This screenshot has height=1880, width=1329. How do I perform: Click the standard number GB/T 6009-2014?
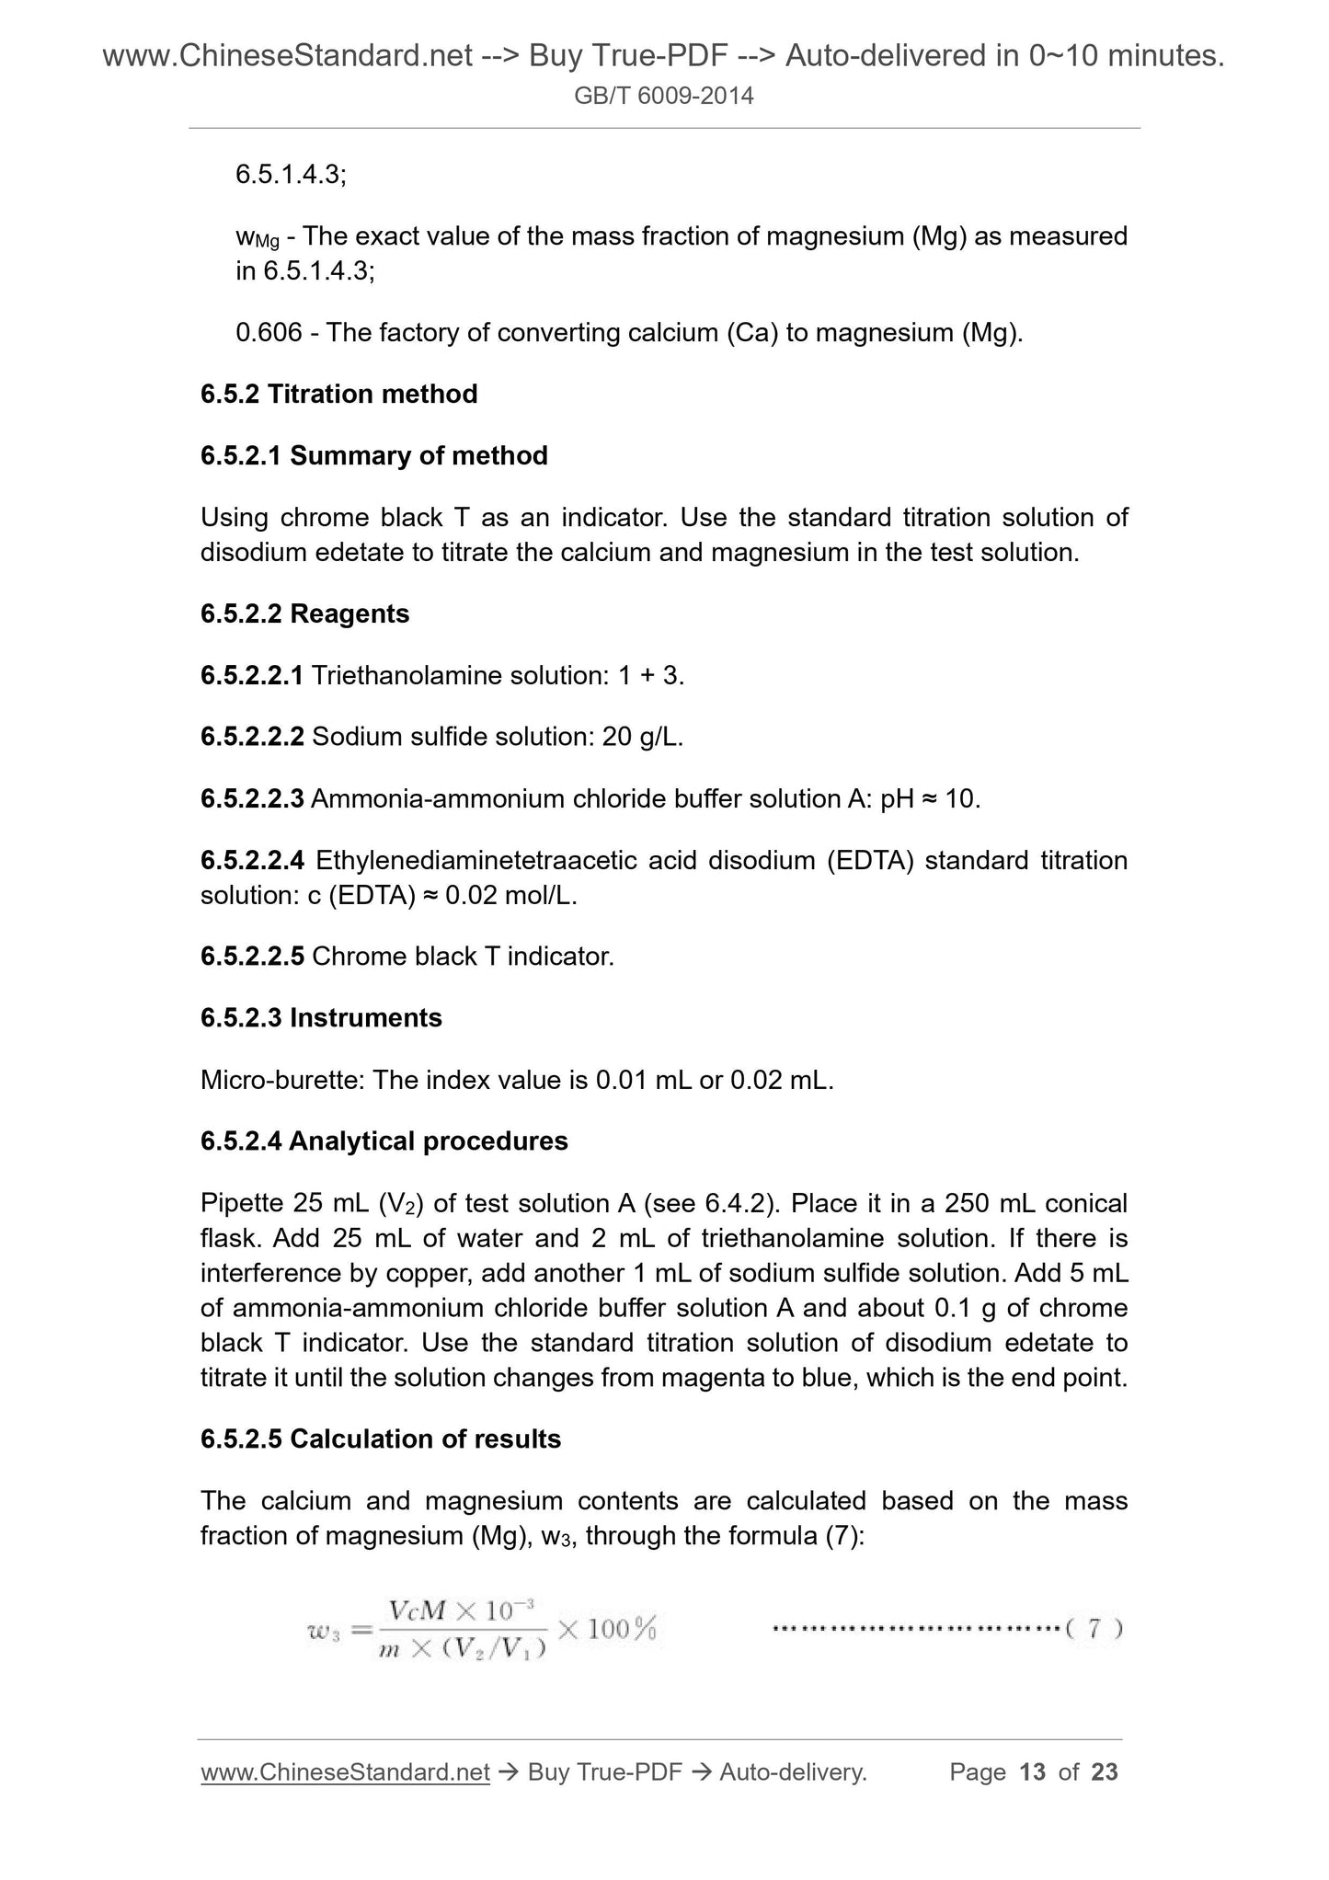click(663, 96)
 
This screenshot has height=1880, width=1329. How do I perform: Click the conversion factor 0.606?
click(269, 332)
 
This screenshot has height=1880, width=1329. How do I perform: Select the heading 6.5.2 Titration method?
click(338, 394)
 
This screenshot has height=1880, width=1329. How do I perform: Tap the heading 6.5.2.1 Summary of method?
click(373, 455)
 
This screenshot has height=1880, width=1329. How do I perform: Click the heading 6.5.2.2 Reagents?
click(304, 613)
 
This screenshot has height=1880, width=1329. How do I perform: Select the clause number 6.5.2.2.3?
click(252, 799)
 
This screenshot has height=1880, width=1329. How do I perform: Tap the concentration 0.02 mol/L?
click(511, 895)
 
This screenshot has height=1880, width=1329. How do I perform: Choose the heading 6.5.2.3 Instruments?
click(321, 1018)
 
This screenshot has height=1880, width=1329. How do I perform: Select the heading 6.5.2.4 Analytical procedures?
click(384, 1141)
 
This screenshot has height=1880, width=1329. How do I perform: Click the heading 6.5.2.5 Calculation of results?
click(380, 1439)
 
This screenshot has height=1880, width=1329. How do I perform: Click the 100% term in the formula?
click(621, 1629)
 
